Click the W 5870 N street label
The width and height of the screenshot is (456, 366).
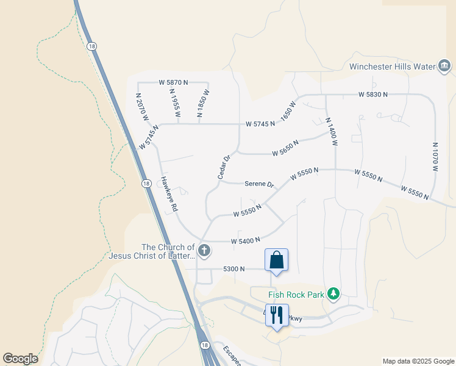coord(173,82)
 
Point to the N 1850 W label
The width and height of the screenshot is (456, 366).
coord(203,103)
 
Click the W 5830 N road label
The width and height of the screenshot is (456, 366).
coord(373,95)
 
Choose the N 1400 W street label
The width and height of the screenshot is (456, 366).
coord(331,132)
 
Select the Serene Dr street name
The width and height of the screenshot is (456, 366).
coord(260,184)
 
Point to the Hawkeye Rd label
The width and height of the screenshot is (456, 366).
coord(169,195)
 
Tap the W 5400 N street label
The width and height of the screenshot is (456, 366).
coord(246,241)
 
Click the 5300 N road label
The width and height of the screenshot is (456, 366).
coord(233,268)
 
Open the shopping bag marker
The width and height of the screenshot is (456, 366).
coord(276,260)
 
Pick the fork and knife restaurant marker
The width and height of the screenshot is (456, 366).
coord(277,315)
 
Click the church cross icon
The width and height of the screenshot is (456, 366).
coord(204,250)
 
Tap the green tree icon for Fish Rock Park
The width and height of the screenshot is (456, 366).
coord(333,295)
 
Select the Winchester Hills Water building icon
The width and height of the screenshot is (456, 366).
coord(444,66)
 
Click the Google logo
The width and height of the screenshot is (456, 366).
coord(20,359)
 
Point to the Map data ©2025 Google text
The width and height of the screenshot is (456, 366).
coord(417,361)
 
